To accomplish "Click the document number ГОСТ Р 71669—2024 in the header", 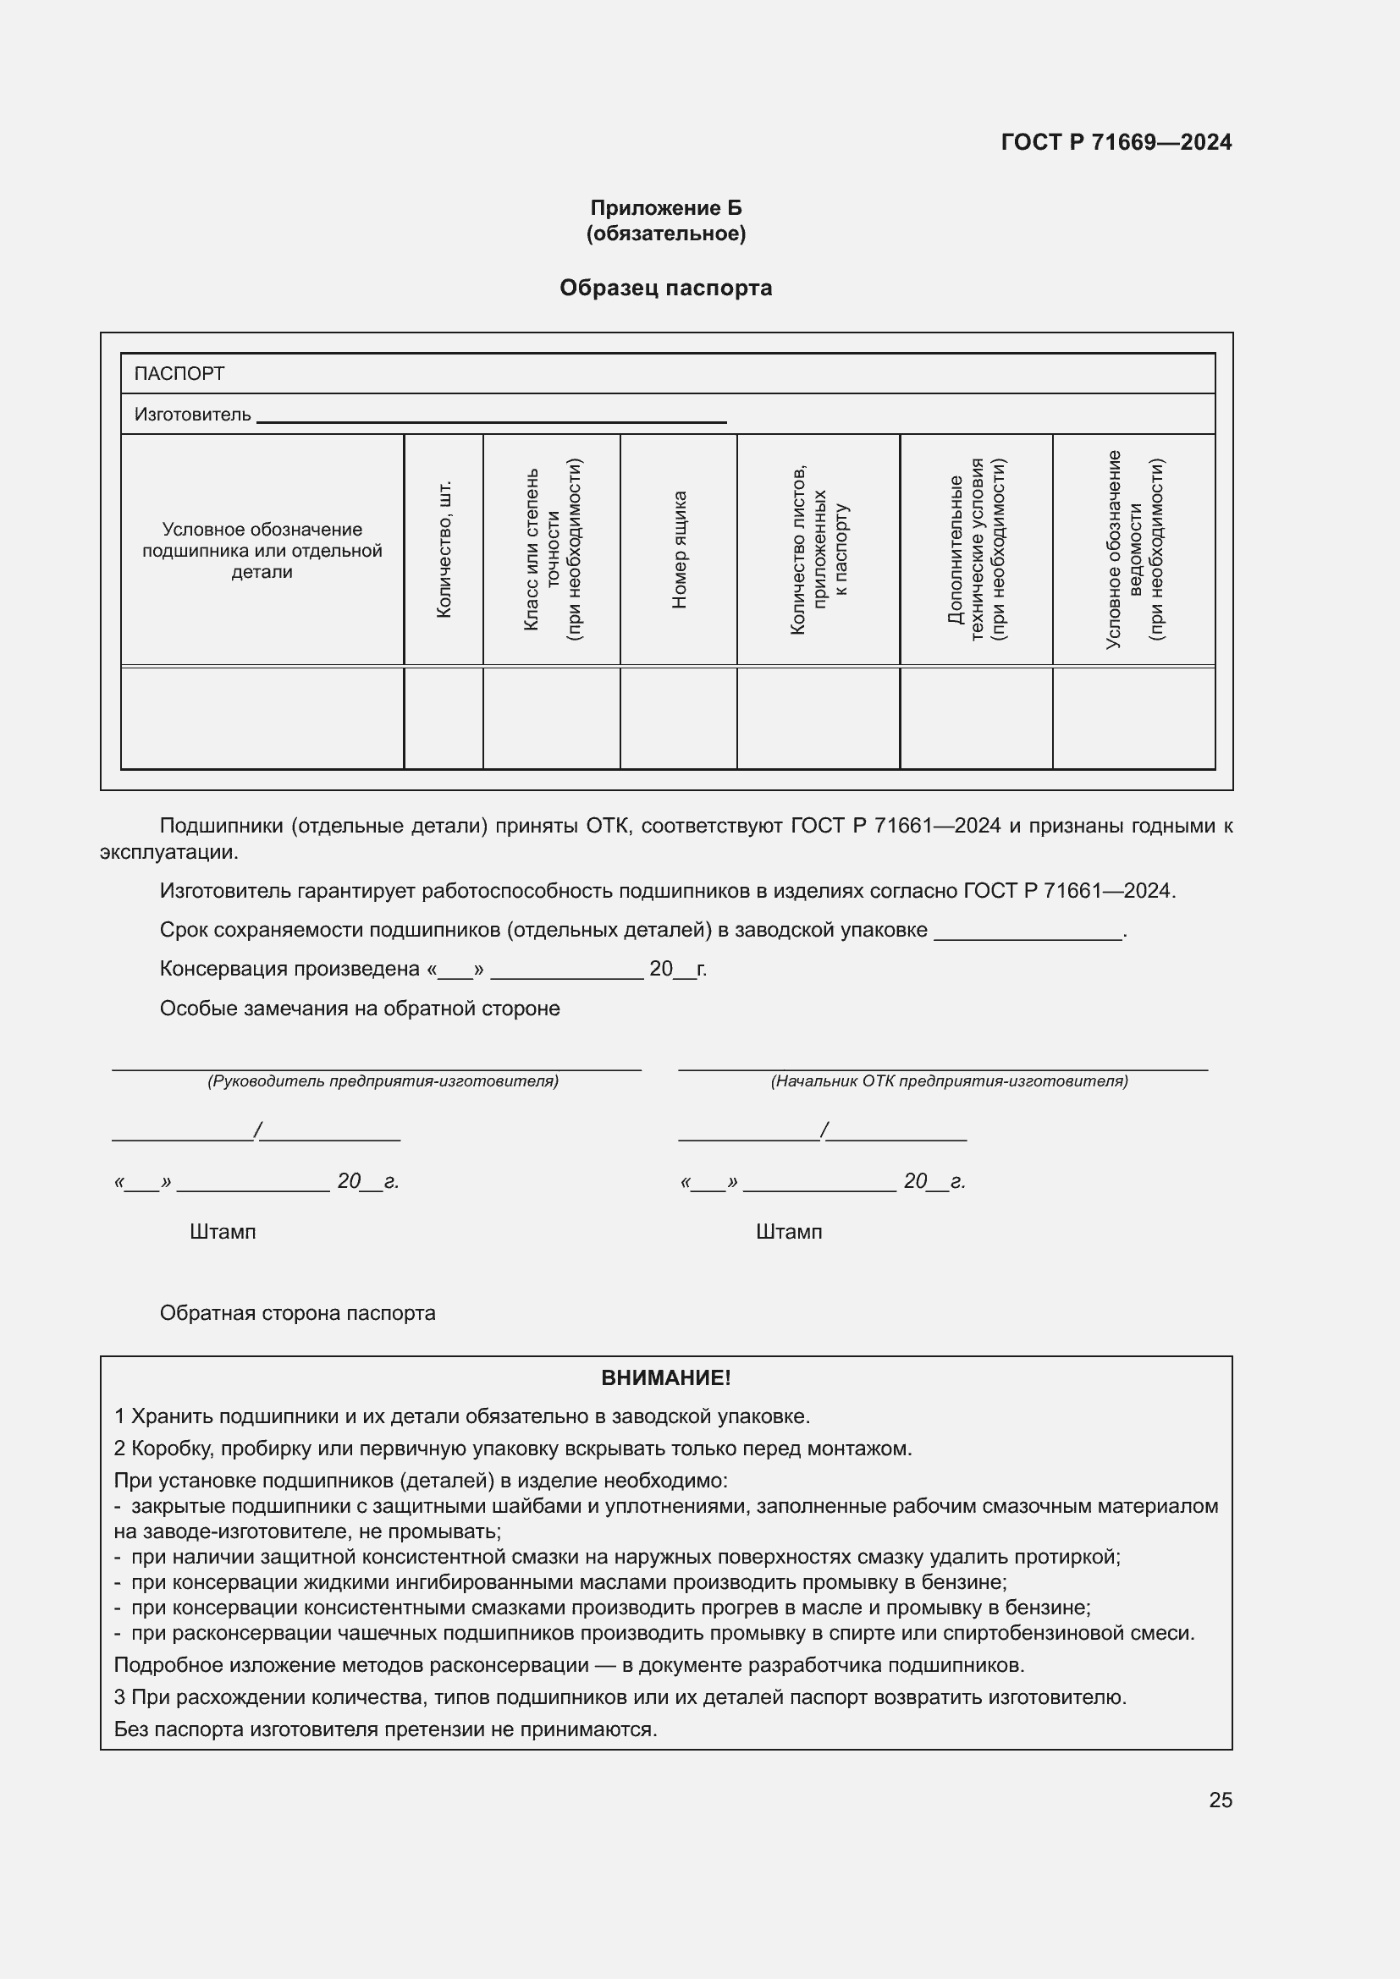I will [x=1116, y=142].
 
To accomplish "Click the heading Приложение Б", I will [x=665, y=208].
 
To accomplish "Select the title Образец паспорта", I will [x=665, y=288].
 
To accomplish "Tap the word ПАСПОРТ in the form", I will [x=179, y=374].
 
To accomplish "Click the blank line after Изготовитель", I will [x=492, y=418].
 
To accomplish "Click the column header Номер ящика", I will [x=680, y=549].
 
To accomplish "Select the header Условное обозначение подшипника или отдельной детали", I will [x=262, y=550].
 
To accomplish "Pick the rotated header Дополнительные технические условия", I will [x=976, y=549].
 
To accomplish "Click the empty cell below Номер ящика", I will [x=679, y=718].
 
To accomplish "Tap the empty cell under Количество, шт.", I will [x=443, y=718].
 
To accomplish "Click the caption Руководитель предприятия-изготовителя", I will [x=383, y=1080].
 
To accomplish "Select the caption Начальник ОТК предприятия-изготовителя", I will [x=949, y=1080].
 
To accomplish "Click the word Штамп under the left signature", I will [x=223, y=1232].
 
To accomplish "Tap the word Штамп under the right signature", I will [x=789, y=1232].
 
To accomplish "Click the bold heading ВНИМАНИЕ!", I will [x=665, y=1377].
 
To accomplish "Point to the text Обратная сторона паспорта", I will [x=297, y=1313].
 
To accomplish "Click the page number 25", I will [x=1220, y=1800].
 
